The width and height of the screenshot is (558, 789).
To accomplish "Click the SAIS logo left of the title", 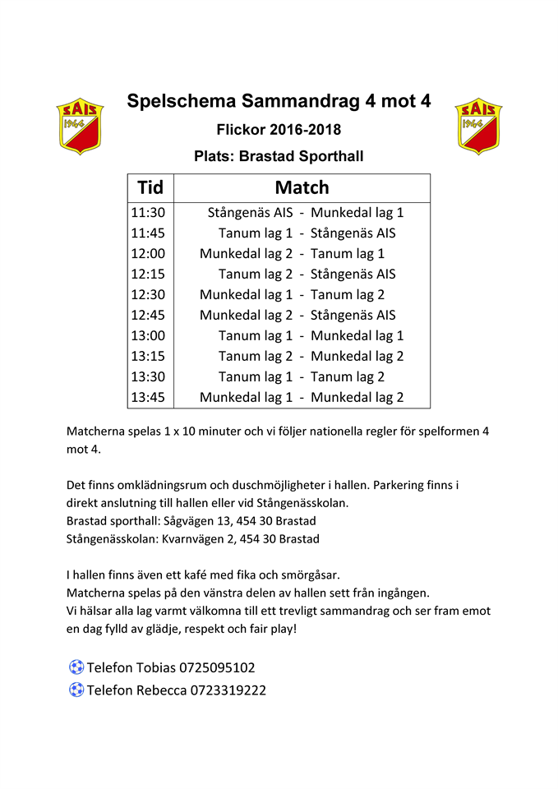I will pos(80,126).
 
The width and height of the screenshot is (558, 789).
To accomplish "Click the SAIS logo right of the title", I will pos(478,126).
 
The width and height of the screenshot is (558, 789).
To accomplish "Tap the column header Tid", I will pos(150,188).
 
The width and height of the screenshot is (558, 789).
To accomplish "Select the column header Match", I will pos(302,188).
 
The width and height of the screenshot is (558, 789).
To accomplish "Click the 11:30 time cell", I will pos(148,212).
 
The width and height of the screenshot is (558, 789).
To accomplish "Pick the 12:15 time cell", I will pos(148,274).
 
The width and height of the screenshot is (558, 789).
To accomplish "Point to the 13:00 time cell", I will pos(148,335).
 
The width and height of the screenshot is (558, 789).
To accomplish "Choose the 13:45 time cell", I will pos(148,397).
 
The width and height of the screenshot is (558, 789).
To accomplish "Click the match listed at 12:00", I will pos(292,253).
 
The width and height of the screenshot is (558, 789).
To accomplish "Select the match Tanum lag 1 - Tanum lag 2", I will pos(302,376).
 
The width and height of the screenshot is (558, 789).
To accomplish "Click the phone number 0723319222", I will pos(228,690).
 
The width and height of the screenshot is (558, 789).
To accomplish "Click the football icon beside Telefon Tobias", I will pos(76,667).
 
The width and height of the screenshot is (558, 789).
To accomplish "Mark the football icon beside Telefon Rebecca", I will pos(76,690).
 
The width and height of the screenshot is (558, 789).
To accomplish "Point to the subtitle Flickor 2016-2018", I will pos(279,130).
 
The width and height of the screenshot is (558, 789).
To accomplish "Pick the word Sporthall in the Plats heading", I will pos(328,156).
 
